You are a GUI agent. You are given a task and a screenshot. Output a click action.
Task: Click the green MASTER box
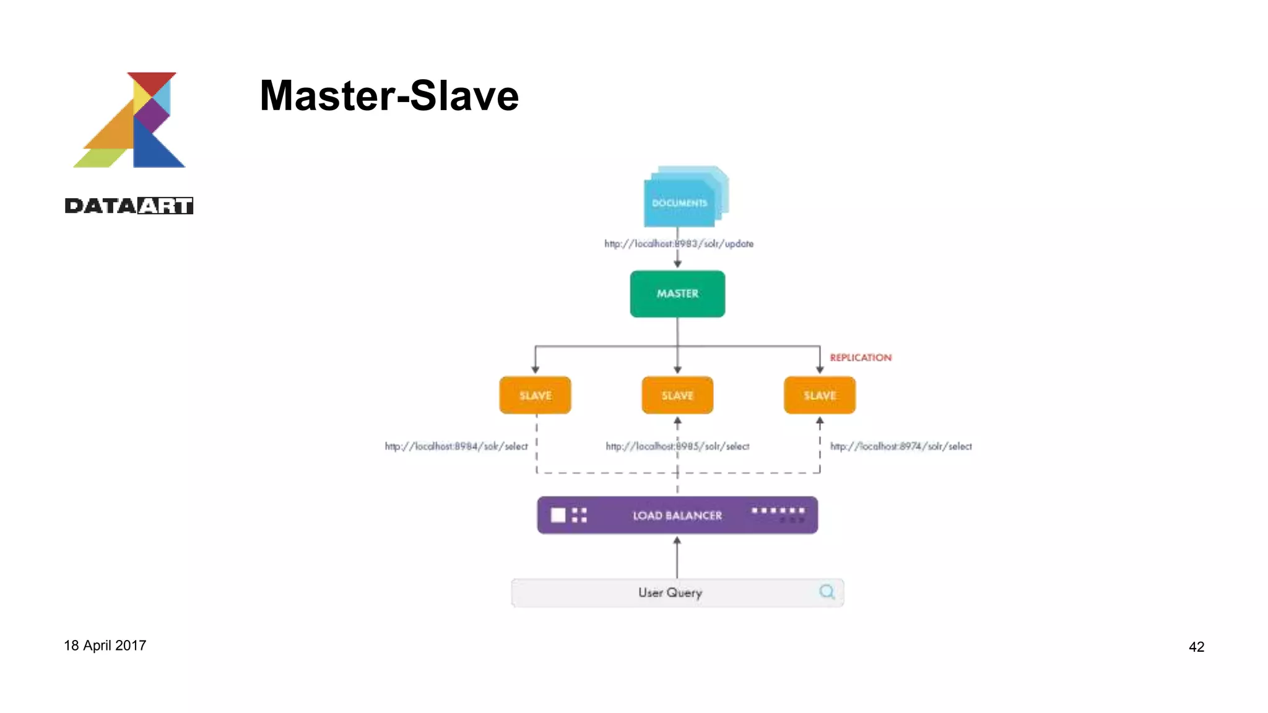tap(677, 294)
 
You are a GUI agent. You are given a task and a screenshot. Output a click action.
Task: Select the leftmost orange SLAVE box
tap(535, 395)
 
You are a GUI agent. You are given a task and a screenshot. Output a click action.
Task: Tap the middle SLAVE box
tap(677, 395)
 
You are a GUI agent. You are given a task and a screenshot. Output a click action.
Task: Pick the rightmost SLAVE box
tap(819, 395)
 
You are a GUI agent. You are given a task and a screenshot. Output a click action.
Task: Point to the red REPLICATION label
tap(861, 358)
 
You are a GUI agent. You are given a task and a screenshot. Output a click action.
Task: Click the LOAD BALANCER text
tap(677, 516)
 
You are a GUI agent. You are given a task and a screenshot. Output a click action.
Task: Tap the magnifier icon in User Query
tap(827, 592)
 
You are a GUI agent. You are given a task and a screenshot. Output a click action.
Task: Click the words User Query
tap(670, 592)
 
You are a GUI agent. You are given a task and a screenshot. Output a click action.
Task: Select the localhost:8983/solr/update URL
tap(679, 244)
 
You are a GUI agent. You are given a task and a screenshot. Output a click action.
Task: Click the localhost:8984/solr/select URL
tap(456, 446)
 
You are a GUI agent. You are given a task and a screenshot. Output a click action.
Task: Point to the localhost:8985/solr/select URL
tap(677, 446)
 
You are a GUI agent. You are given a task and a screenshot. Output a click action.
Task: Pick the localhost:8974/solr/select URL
tap(901, 446)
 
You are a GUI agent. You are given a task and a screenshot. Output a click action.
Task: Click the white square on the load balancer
tap(558, 515)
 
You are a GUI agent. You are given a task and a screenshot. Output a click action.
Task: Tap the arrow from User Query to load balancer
tap(677, 557)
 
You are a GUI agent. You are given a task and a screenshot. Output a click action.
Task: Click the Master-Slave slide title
tap(389, 96)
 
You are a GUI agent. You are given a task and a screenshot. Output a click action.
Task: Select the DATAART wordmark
tap(129, 205)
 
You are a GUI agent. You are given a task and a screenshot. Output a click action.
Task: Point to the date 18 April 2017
tap(105, 646)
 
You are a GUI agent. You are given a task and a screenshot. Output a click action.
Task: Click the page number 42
tap(1196, 647)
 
